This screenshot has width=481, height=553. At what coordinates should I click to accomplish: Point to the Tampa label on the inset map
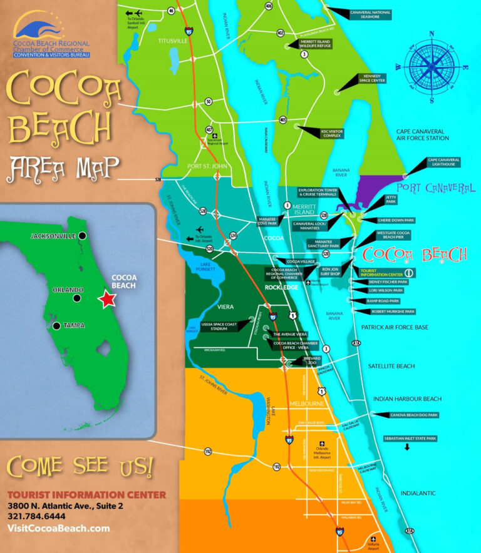pyautogui.click(x=74, y=325)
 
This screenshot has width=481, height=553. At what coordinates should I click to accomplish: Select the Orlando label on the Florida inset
pyautogui.click(x=68, y=290)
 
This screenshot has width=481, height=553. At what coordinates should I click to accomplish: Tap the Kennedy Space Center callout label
pyautogui.click(x=371, y=78)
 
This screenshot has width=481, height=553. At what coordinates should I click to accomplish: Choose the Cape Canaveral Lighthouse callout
pyautogui.click(x=443, y=162)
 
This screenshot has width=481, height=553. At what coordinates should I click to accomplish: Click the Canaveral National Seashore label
pyautogui.click(x=370, y=14)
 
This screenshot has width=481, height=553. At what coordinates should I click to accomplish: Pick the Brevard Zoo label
pyautogui.click(x=312, y=361)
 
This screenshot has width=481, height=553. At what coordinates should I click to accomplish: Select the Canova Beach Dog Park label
pyautogui.click(x=415, y=415)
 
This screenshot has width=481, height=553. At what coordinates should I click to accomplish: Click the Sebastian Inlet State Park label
pyautogui.click(x=410, y=439)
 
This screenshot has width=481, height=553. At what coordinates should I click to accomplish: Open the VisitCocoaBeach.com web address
pyautogui.click(x=58, y=529)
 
